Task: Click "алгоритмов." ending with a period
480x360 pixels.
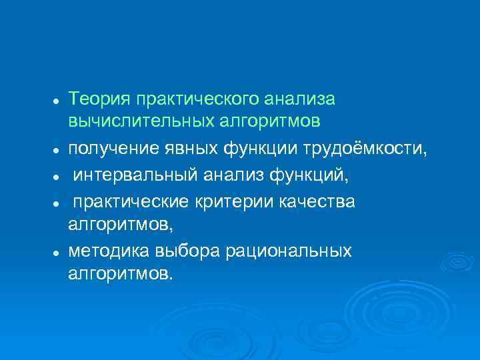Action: point(119,274)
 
